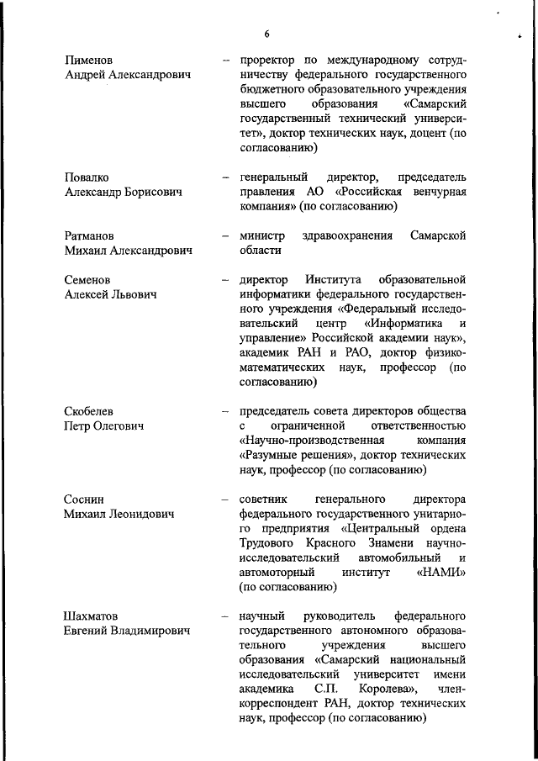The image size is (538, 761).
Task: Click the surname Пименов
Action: [x=91, y=61]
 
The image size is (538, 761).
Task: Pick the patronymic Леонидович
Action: [x=139, y=514]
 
